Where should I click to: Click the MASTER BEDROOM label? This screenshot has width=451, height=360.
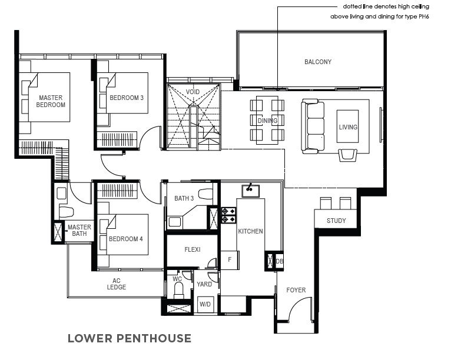click(51, 101)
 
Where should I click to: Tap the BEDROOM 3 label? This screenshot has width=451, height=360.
click(127, 98)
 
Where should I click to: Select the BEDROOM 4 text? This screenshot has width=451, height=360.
click(125, 239)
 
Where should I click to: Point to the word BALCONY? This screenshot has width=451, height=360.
click(318, 62)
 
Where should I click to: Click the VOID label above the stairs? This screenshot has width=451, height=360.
click(193, 92)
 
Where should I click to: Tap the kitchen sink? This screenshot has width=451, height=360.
click(251, 191)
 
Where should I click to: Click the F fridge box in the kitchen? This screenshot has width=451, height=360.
click(230, 260)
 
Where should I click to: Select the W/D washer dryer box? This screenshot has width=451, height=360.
click(205, 304)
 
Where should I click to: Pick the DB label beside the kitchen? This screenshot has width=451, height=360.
click(279, 261)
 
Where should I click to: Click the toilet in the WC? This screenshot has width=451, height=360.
click(178, 290)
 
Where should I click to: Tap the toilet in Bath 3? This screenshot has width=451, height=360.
click(205, 194)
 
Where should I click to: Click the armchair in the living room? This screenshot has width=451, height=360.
click(348, 155)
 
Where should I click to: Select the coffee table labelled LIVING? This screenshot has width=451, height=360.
click(348, 126)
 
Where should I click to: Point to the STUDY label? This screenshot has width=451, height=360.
click(336, 221)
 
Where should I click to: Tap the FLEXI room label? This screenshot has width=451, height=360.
click(193, 249)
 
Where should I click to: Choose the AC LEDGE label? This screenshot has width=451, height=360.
click(117, 284)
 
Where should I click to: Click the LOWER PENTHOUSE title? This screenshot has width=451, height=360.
click(130, 338)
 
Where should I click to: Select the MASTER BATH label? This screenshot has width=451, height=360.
click(79, 231)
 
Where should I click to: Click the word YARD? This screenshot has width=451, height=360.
click(204, 284)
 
